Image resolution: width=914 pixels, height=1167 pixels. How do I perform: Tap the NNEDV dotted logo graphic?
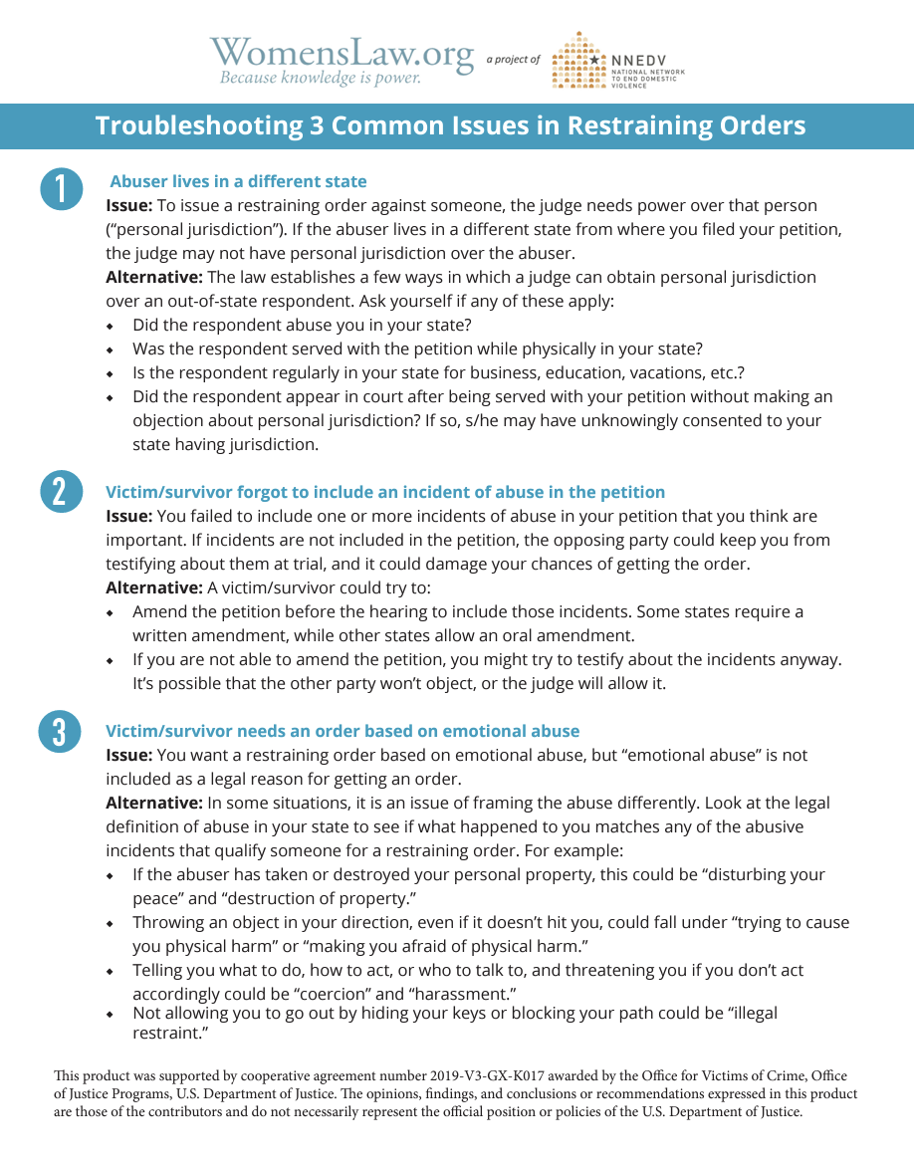[578, 60]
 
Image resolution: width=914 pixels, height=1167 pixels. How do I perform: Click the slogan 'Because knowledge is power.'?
[321, 78]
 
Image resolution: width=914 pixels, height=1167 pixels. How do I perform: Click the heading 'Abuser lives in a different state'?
[238, 181]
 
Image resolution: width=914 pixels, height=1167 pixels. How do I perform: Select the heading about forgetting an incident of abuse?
[385, 492]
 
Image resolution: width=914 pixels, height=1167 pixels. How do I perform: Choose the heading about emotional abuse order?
[343, 731]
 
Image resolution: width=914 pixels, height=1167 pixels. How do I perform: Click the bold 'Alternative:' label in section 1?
[154, 277]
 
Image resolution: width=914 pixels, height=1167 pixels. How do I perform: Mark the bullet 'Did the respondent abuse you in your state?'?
[302, 325]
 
